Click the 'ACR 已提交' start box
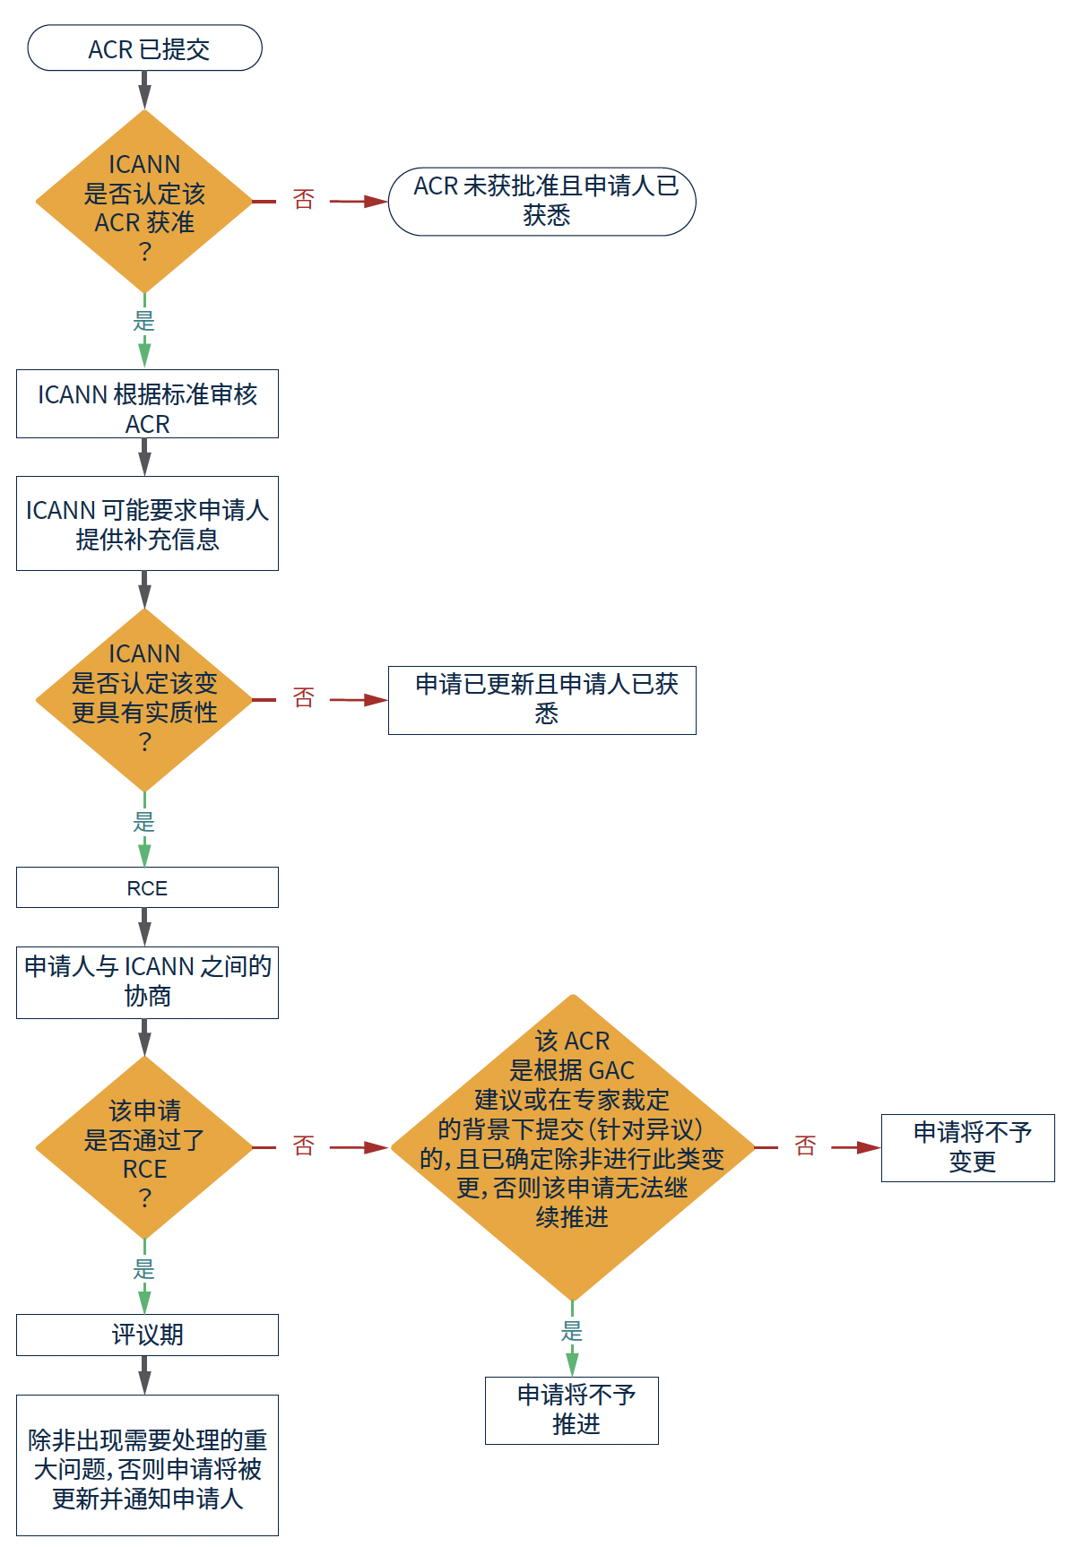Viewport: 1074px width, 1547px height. pos(144,48)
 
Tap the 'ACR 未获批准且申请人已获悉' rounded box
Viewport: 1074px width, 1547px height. pos(541,202)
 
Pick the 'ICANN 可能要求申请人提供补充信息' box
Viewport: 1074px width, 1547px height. pos(147,523)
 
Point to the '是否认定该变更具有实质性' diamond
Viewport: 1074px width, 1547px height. pos(144,700)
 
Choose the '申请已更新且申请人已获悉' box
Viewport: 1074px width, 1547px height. pos(541,700)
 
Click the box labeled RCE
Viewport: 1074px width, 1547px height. pos(147,887)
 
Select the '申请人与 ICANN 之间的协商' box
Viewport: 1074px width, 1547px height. pos(147,982)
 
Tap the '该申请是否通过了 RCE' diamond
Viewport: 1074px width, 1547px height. pos(144,1147)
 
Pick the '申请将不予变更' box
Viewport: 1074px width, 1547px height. pos(967,1147)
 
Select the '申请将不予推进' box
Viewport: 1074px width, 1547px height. pos(572,1410)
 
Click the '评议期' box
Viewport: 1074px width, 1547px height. pos(147,1335)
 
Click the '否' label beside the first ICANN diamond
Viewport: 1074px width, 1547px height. pos(304,200)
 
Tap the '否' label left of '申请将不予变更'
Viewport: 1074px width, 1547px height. pos(805,1145)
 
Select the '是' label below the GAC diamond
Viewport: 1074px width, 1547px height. pos(572,1331)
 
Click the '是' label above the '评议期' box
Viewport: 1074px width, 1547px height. pos(144,1269)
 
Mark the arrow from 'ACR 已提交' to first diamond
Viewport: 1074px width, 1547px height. pos(144,90)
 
